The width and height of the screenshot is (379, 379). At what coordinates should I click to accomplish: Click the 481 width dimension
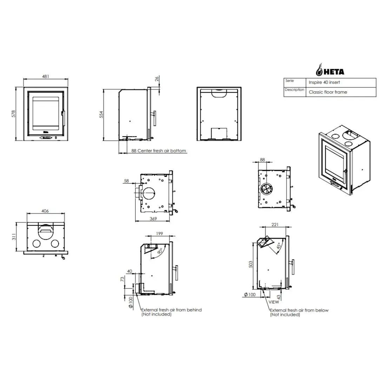pos(45,77)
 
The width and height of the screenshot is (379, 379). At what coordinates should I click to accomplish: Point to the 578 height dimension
pos(14,114)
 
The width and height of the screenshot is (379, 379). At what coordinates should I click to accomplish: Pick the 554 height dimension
pos(101,114)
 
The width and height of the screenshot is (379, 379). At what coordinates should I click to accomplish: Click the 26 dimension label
pos(157,79)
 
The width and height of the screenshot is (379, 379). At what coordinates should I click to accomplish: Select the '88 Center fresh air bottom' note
pos(159,151)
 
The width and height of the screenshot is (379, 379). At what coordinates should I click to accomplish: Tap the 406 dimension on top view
pos(45,211)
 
